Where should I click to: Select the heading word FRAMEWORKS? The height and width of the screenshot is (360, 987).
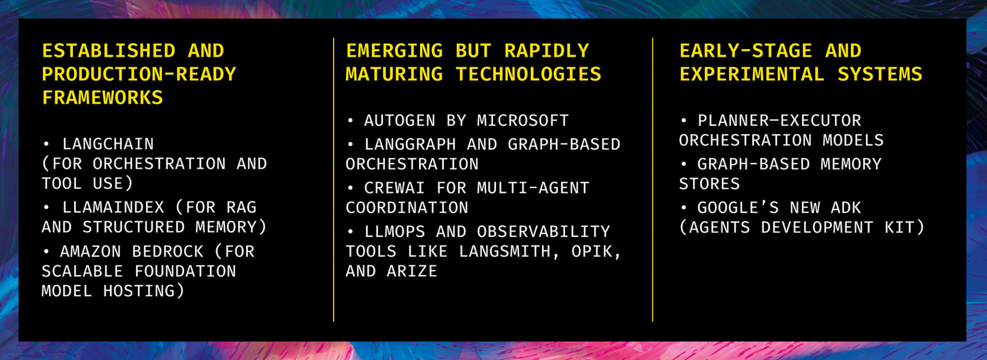click(x=103, y=98)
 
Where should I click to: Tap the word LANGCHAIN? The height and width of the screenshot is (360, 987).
click(x=108, y=144)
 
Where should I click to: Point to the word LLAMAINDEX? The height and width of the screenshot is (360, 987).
click(x=113, y=207)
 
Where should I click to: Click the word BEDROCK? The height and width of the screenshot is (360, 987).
click(x=168, y=251)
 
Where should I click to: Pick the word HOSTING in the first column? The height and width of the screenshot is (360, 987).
click(x=139, y=291)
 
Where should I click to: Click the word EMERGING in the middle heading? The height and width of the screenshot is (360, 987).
click(x=394, y=51)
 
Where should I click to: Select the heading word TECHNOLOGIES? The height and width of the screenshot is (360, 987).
click(x=528, y=75)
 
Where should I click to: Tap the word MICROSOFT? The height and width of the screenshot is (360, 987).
click(x=523, y=121)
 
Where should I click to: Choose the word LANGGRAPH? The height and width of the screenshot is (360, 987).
click(x=410, y=145)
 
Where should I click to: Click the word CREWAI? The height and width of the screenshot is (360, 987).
click(x=395, y=188)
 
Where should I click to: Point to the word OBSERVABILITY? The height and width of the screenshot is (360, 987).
click(x=543, y=232)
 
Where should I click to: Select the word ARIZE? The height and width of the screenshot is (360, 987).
click(x=412, y=271)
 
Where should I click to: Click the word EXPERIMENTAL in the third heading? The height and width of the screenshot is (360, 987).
click(x=752, y=75)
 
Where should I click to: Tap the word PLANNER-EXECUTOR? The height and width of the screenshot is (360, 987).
click(x=779, y=121)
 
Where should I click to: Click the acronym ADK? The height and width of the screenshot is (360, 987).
click(x=846, y=208)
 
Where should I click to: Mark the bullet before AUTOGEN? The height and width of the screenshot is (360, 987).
click(x=351, y=121)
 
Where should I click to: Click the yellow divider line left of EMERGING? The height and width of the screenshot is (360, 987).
click(x=334, y=179)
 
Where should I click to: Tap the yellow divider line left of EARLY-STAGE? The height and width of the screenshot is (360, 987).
click(x=653, y=179)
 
